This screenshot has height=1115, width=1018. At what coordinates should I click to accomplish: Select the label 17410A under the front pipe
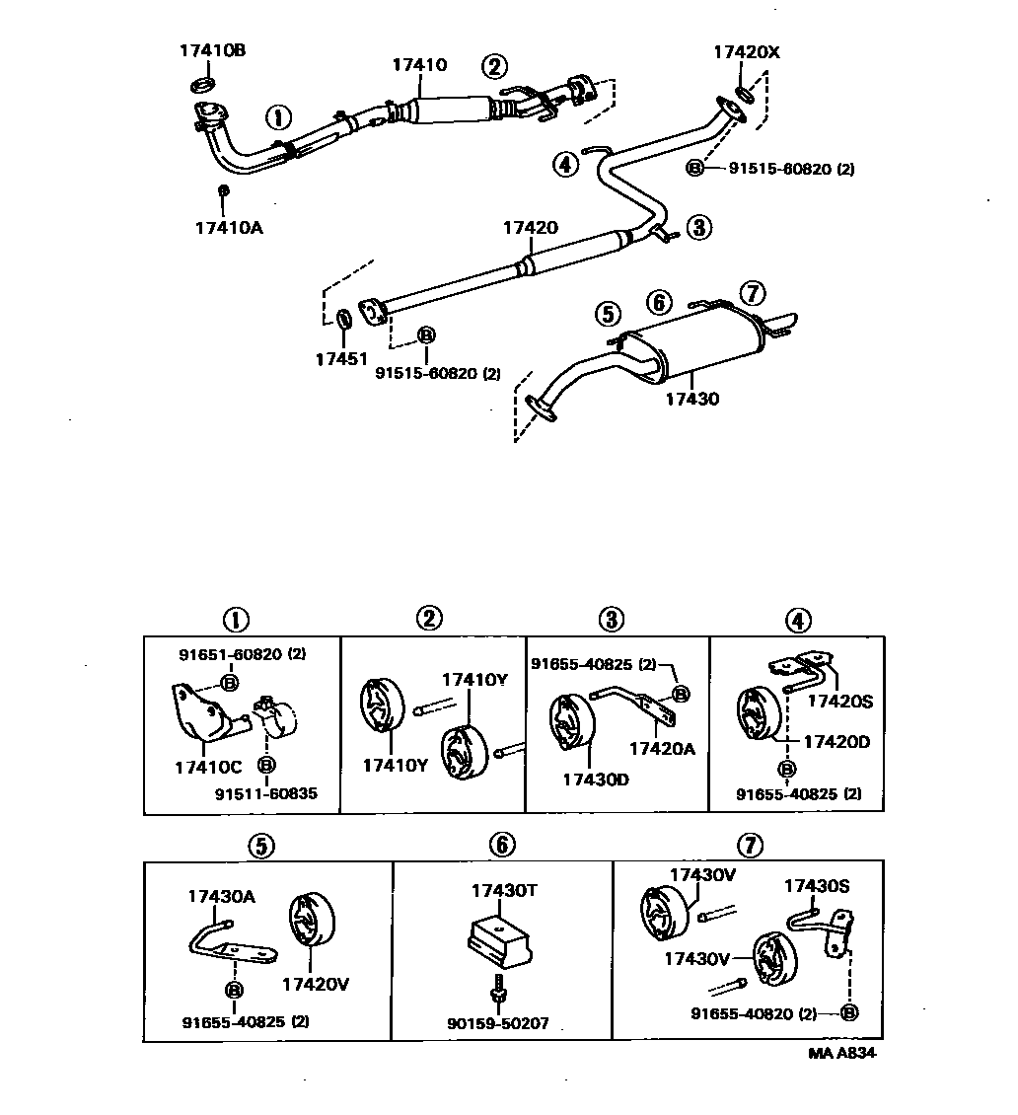[x=228, y=228]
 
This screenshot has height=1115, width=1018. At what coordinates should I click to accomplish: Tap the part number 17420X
[x=747, y=53]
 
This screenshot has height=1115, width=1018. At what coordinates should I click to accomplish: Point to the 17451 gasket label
[x=340, y=360]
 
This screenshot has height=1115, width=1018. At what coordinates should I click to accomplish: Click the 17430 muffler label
[x=691, y=400]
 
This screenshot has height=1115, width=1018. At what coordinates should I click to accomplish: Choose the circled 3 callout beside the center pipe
[x=698, y=228]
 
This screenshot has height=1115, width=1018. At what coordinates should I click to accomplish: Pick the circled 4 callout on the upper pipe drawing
[x=564, y=165]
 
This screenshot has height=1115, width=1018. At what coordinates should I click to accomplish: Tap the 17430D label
[x=595, y=779]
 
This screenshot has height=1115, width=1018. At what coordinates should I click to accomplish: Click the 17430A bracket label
[x=222, y=896]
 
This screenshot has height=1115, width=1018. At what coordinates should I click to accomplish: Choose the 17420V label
[x=316, y=984]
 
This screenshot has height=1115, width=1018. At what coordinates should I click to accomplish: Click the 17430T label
[x=503, y=890]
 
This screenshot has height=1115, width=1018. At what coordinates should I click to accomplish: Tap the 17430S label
[x=817, y=885]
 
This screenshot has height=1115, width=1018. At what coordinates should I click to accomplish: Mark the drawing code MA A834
[x=841, y=1053]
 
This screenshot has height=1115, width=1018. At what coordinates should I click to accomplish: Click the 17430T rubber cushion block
[x=500, y=941]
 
